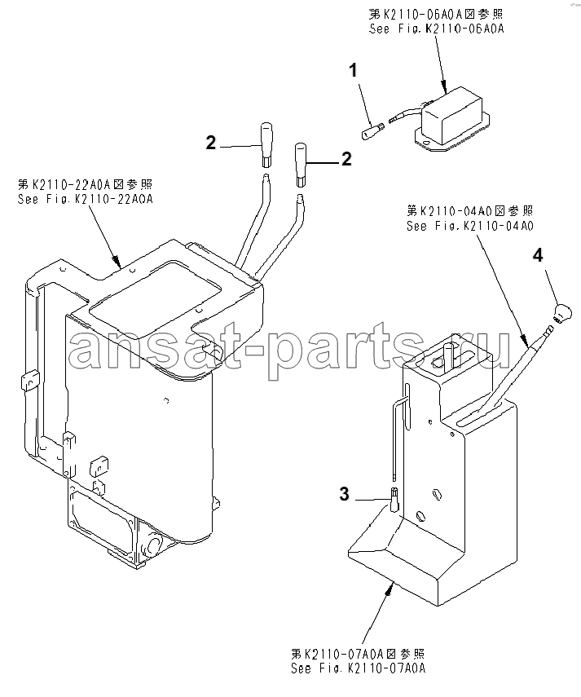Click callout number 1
[x=353, y=70]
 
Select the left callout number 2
[x=210, y=143]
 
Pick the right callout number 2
[x=346, y=159]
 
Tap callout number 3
[x=344, y=494]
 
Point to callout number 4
[x=538, y=256]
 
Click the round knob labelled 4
[x=562, y=311]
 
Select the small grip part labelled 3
[x=395, y=499]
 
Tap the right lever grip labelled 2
[x=301, y=165]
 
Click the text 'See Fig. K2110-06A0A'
[x=436, y=29]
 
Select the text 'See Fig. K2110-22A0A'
[x=86, y=199]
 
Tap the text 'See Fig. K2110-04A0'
[x=470, y=226]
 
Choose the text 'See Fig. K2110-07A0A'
[x=358, y=668]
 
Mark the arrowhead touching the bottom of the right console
[x=390, y=588]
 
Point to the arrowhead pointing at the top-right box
[x=444, y=86]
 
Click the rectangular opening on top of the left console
[x=156, y=289]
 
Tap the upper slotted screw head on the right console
[x=437, y=493]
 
